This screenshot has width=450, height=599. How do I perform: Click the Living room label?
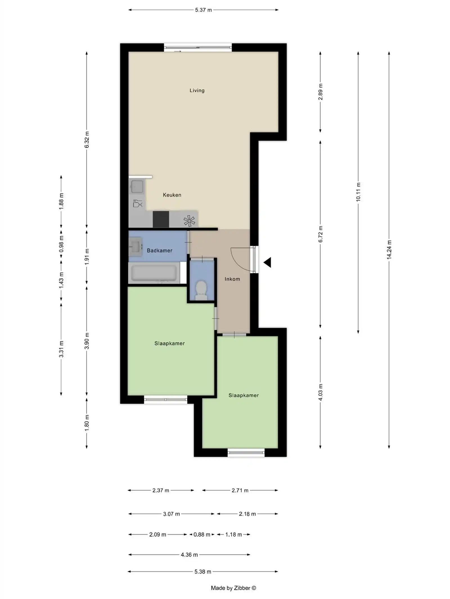(197, 90)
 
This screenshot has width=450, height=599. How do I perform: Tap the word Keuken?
(172, 195)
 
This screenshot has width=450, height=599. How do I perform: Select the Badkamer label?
(159, 250)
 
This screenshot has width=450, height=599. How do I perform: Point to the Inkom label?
(232, 279)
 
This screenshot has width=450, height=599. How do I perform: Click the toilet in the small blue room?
(201, 290)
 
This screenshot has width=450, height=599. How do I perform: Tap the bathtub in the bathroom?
(154, 272)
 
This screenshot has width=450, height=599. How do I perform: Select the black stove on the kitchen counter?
(161, 219)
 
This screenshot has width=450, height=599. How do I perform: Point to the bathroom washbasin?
(135, 247)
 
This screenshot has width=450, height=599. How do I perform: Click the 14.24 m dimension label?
(389, 250)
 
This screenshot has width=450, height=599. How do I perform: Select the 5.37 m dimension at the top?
(203, 10)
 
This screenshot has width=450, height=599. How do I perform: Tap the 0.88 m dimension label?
(202, 534)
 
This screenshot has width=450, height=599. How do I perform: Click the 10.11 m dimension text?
(358, 192)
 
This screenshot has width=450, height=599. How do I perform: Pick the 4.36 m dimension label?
(189, 555)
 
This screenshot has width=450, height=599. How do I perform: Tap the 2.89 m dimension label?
(320, 92)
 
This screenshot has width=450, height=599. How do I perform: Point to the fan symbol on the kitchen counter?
(189, 221)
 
